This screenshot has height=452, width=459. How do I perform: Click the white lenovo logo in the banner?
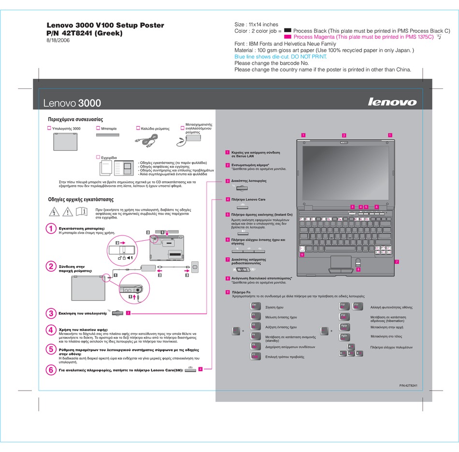pos(392,102)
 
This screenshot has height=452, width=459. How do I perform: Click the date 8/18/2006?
pos(57,41)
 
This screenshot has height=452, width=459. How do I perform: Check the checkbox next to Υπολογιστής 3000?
pos(49,129)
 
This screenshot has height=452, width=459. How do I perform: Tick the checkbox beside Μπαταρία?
pos(98,129)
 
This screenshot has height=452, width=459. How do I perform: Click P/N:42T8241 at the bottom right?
pos(408,385)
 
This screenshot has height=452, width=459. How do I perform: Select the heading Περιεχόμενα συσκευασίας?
pos(75,119)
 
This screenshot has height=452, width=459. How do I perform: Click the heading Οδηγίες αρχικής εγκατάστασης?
pos(81,199)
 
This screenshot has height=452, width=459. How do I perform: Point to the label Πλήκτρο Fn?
pos(242,292)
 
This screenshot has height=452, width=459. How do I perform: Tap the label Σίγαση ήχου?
pos(274,307)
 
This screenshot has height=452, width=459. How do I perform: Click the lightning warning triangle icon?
pos(56,212)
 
